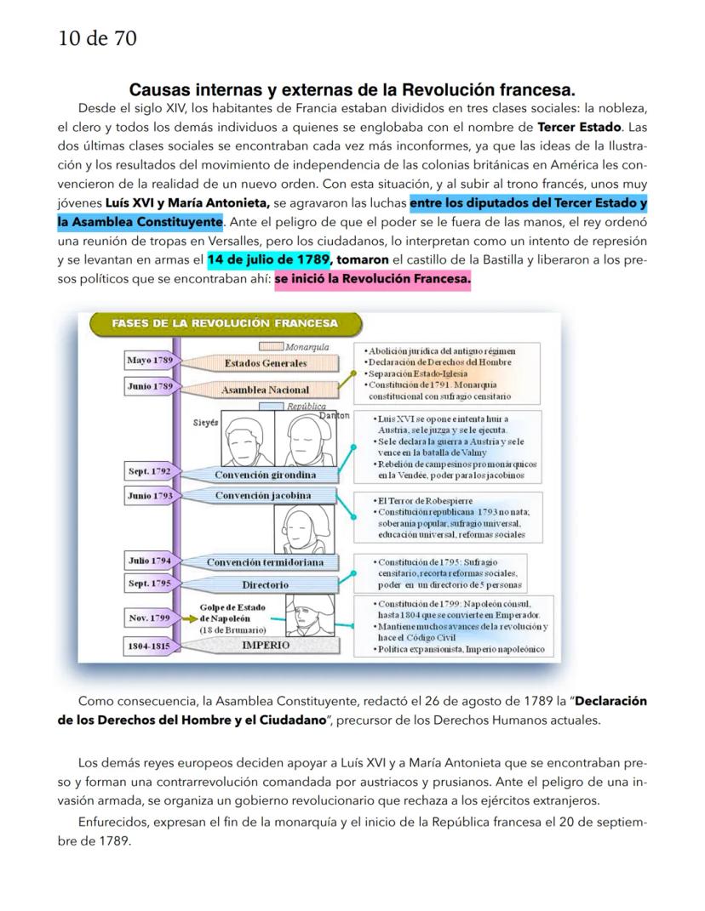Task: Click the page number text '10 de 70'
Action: (97, 37)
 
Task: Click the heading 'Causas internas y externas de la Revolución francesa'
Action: (352, 88)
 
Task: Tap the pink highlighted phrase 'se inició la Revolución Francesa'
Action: (372, 279)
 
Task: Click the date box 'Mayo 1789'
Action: (149, 361)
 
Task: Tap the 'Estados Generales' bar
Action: (266, 363)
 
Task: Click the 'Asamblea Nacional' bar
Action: (266, 390)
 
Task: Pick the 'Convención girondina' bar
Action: (266, 475)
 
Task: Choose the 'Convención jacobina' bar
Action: (262, 496)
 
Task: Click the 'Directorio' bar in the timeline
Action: (266, 584)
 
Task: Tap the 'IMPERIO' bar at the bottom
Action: (266, 645)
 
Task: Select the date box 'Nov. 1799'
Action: (149, 618)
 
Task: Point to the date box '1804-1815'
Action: (149, 646)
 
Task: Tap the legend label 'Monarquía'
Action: (307, 347)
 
